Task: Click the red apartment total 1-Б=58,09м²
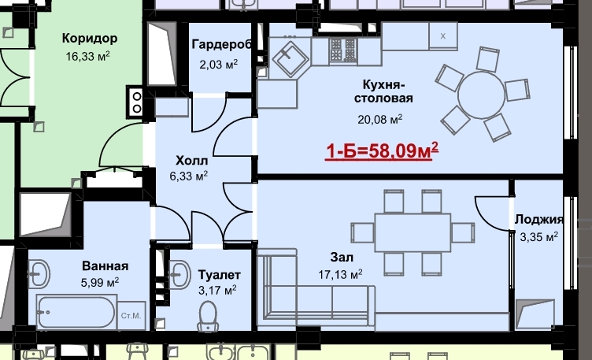point(382,150)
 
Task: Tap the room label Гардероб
point(222,45)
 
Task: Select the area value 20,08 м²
point(379,120)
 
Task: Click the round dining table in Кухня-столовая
point(481,95)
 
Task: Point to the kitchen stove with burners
point(342,50)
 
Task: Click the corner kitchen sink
point(290,57)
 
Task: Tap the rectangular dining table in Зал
point(413,232)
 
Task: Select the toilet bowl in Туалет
point(208,316)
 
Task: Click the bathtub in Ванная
point(76,312)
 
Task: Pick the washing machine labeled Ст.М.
point(131,315)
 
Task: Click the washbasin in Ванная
point(39,273)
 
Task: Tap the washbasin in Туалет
point(179,274)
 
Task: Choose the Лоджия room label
point(539,220)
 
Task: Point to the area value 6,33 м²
point(188,176)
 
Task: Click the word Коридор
point(90,38)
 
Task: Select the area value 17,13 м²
point(340,274)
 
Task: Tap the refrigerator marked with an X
point(443,36)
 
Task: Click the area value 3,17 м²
point(217,290)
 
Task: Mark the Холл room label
point(192,161)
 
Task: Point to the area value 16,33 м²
point(87,56)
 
